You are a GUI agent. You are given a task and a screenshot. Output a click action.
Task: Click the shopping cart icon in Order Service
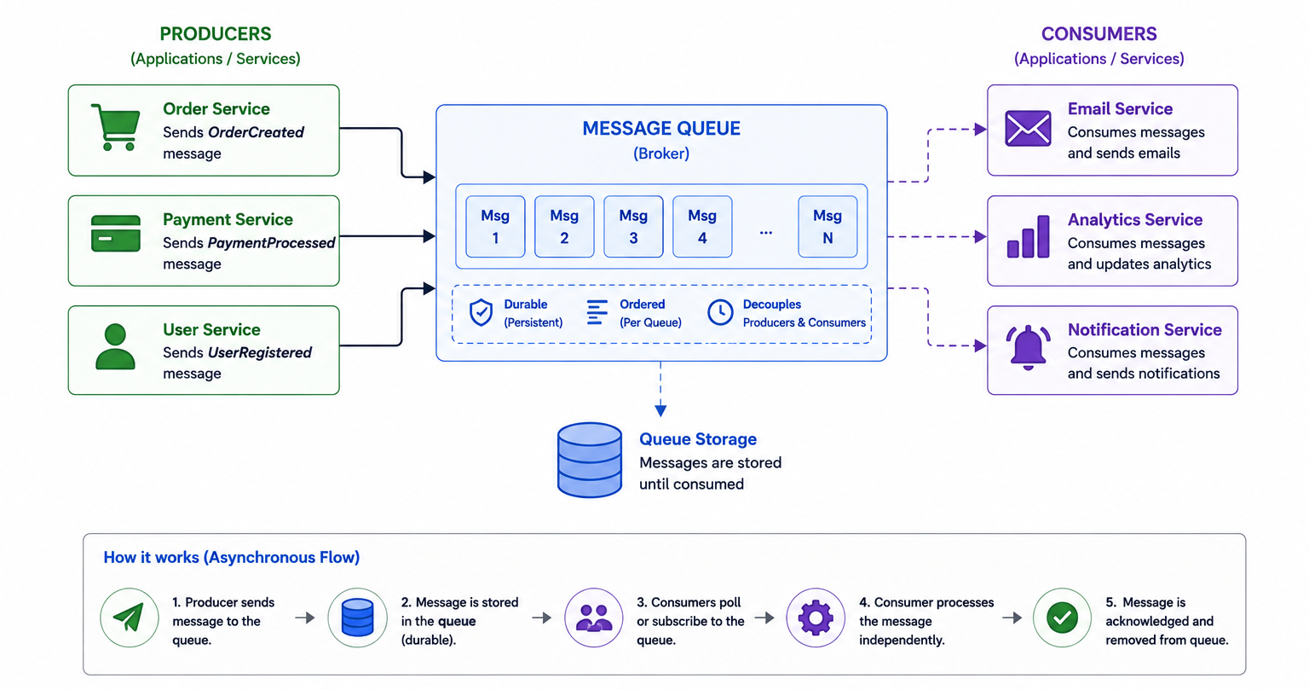click(116, 127)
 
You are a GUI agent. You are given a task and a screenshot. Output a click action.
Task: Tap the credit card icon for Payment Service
click(116, 234)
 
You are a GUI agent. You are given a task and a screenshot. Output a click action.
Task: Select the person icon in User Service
click(115, 346)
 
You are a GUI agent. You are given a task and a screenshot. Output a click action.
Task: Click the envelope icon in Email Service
click(1028, 128)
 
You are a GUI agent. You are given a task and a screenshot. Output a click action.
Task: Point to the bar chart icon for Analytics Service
click(1028, 237)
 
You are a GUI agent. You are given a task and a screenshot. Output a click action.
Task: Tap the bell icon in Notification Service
click(1028, 347)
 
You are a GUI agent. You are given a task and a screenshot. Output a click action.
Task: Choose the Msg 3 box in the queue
click(633, 226)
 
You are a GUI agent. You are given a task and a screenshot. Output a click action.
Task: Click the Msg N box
click(827, 226)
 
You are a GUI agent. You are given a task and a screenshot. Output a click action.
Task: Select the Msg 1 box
click(495, 226)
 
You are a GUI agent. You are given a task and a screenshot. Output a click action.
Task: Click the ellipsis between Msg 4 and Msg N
click(765, 233)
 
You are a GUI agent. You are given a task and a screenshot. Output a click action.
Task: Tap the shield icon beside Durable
click(481, 312)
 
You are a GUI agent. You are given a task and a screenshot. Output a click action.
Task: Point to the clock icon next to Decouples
click(720, 312)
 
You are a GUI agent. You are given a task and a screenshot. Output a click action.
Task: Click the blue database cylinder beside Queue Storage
click(589, 461)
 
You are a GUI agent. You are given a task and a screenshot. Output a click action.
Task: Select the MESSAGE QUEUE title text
click(661, 128)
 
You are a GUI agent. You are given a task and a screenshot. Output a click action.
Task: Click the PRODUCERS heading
click(216, 34)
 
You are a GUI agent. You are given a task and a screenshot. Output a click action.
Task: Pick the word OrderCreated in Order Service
click(256, 132)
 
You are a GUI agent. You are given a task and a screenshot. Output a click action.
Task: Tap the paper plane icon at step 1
click(130, 618)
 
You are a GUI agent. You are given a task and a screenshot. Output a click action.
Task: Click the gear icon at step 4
click(816, 618)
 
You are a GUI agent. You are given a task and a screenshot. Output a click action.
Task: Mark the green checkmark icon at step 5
click(1063, 618)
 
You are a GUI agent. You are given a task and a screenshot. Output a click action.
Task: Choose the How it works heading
click(232, 557)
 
